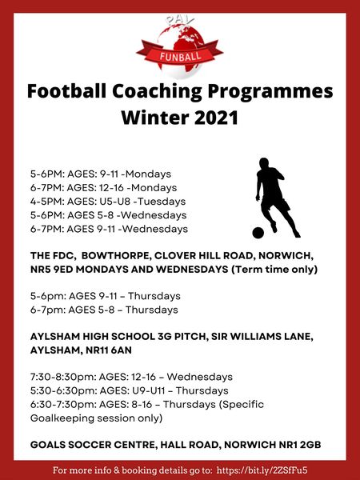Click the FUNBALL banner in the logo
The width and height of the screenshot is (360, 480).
point(180,56)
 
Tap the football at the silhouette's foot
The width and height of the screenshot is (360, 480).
point(258,233)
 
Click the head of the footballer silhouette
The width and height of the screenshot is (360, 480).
point(264,164)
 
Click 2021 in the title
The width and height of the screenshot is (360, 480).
point(215,118)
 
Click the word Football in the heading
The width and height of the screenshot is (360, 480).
point(70,91)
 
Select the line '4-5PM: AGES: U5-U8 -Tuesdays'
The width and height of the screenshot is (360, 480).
point(108,201)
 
